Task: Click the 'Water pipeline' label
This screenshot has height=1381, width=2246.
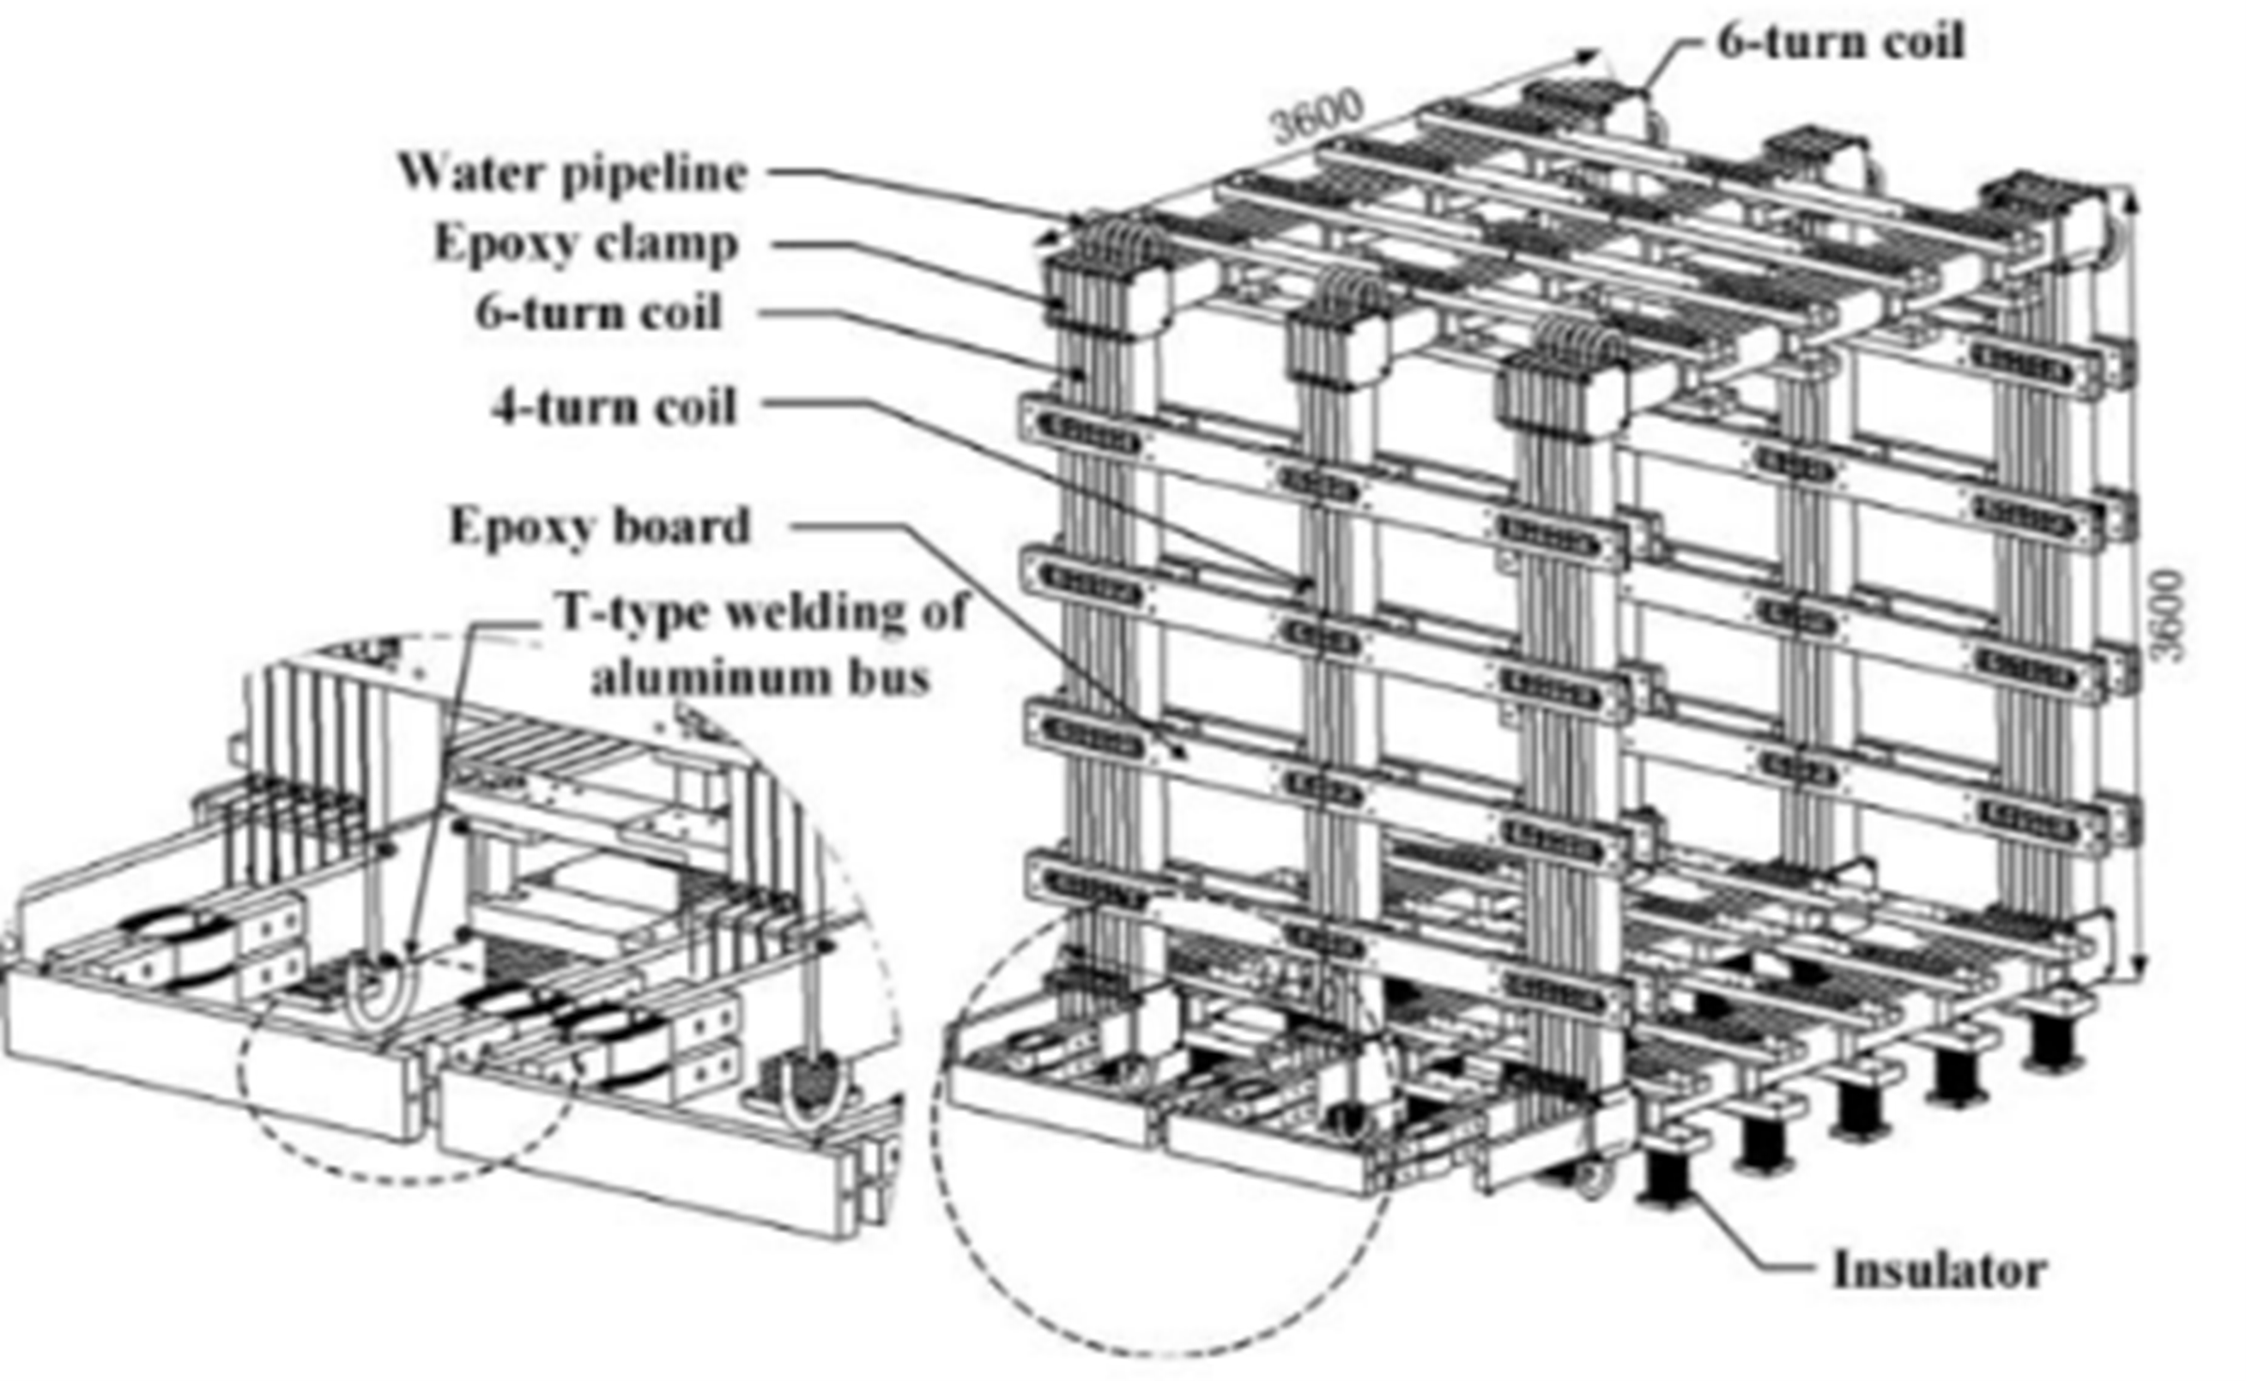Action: coord(573,172)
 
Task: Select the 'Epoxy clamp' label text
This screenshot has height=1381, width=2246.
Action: coord(585,244)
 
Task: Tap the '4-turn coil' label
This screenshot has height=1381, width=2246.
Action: coord(614,407)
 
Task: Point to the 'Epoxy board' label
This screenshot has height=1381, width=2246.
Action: coord(599,526)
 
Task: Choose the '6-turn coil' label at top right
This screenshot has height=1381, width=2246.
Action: coord(1840,41)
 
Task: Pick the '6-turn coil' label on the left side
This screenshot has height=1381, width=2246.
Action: coord(598,312)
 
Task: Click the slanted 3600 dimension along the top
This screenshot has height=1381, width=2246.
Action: coord(1317,117)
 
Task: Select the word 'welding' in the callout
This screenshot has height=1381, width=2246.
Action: coord(808,612)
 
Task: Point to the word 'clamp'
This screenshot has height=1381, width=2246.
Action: coord(677,244)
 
